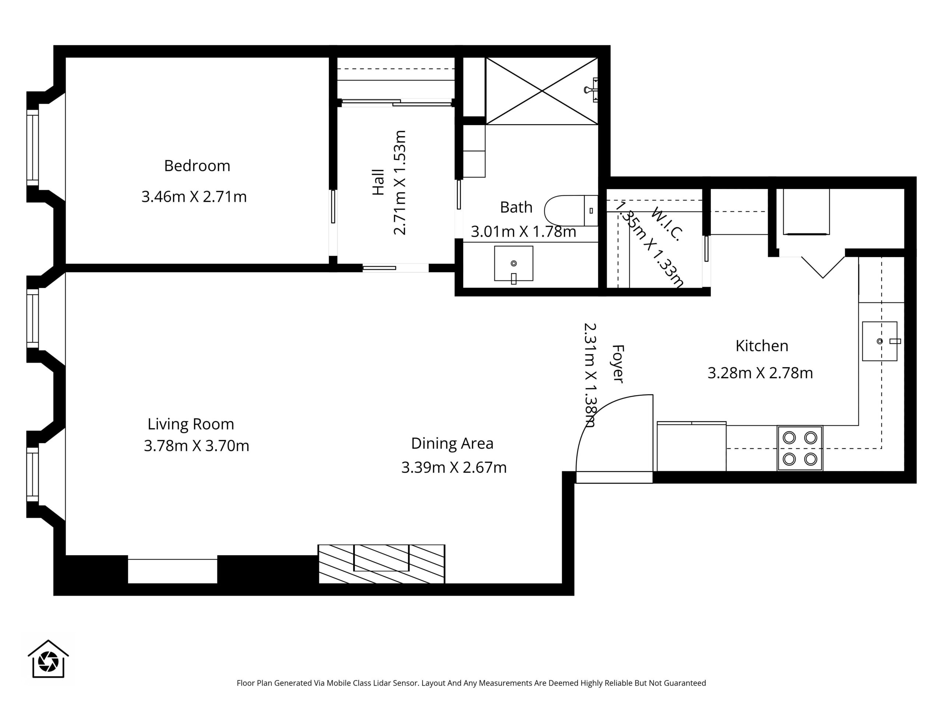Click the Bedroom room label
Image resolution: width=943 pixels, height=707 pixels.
(x=197, y=166)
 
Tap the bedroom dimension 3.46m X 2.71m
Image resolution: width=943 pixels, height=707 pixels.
(x=194, y=197)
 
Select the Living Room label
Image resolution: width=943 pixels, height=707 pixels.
(x=191, y=424)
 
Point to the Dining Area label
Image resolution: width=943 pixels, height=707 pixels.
(x=452, y=444)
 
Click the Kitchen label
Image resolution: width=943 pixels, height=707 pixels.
(x=762, y=346)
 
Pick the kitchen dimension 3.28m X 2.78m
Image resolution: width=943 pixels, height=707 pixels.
(x=760, y=373)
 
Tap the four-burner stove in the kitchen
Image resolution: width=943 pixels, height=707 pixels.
(x=800, y=449)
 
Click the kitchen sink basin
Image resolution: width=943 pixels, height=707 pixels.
(x=880, y=341)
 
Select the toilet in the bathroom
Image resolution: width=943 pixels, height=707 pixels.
(x=571, y=211)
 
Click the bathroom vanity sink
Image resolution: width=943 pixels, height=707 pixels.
(x=514, y=263)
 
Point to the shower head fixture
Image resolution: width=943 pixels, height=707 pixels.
(x=591, y=90)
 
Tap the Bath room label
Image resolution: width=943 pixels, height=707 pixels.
(x=516, y=207)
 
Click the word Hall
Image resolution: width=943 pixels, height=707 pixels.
(x=378, y=182)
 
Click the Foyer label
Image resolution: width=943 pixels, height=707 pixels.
(x=618, y=363)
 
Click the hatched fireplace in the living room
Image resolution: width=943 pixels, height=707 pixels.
(x=382, y=564)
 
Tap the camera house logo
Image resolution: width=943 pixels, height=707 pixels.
(x=48, y=659)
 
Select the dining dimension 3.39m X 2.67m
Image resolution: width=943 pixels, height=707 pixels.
(x=454, y=468)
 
